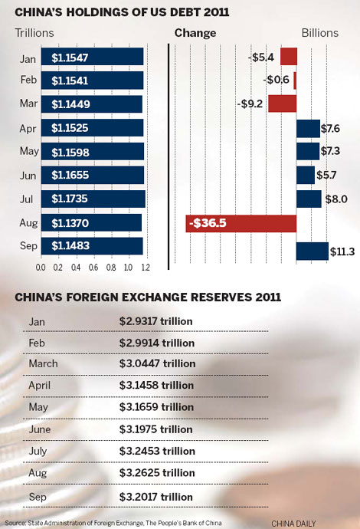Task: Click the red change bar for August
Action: coord(241,223)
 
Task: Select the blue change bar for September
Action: coord(312,251)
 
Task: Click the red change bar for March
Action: coord(282,103)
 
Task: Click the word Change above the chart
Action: coord(195,34)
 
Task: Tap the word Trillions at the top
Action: coord(36,34)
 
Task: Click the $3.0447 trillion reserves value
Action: coord(156,363)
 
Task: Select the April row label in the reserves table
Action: coord(41,386)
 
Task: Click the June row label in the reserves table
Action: coord(40,430)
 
